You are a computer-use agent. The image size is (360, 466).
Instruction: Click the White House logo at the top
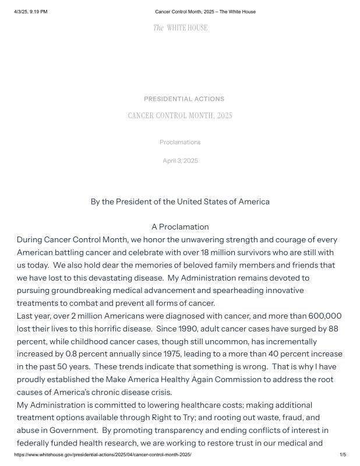click(180, 28)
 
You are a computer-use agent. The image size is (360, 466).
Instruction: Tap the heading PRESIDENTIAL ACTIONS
click(183, 99)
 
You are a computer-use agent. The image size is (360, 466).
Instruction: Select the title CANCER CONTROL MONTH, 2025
click(180, 115)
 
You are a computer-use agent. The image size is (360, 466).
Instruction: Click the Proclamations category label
click(180, 142)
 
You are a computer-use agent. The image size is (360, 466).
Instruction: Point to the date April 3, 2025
click(180, 161)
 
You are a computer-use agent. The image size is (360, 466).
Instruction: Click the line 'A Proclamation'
click(180, 227)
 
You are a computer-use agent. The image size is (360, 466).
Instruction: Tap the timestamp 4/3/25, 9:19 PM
click(31, 12)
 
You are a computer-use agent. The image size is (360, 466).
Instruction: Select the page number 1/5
click(343, 454)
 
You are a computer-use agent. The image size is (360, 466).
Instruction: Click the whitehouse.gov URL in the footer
click(103, 454)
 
